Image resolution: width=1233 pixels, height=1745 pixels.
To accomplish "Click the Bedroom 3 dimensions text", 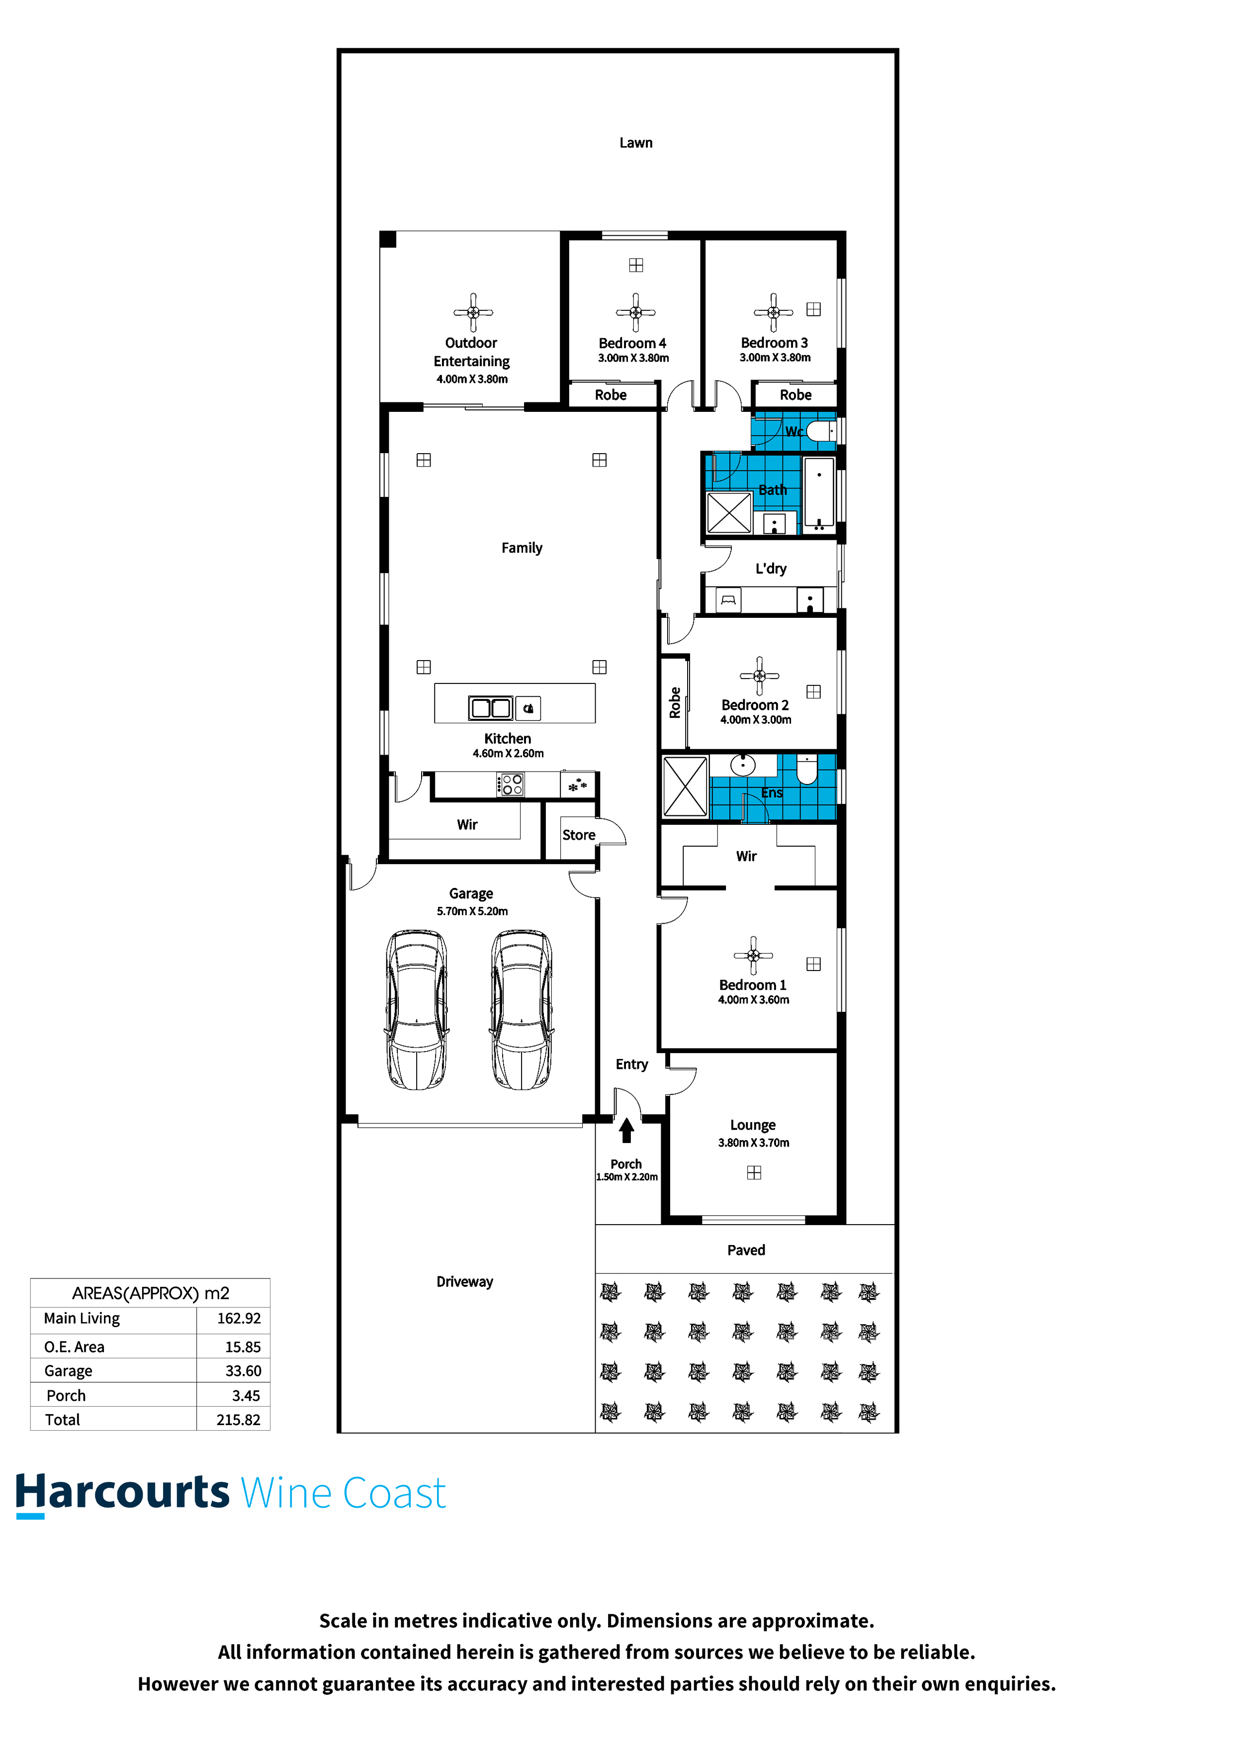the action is (775, 357).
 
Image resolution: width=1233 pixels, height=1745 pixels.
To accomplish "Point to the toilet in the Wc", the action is (820, 431).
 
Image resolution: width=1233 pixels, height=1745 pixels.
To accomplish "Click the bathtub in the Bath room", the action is (819, 492).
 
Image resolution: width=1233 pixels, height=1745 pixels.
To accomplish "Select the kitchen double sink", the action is (490, 707).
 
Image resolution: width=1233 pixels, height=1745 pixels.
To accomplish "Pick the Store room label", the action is (578, 835).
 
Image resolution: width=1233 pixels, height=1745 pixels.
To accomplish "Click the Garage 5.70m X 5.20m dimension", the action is (472, 911).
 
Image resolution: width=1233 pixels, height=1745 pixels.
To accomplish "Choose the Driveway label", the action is (464, 1281).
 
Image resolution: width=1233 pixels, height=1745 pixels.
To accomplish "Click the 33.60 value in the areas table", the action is (243, 1371).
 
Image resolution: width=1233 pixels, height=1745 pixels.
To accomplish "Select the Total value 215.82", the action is (239, 1420).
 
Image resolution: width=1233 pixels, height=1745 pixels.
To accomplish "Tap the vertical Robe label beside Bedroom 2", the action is (675, 702).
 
